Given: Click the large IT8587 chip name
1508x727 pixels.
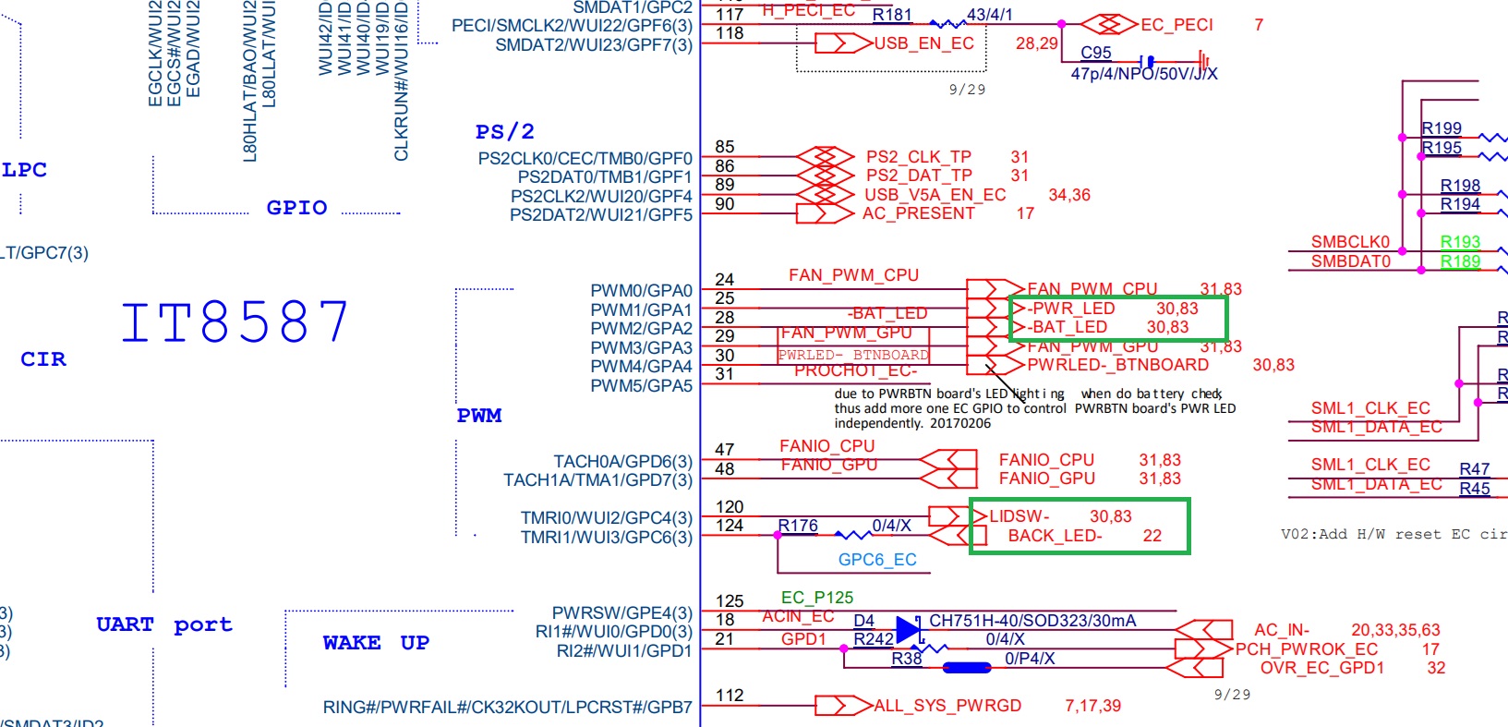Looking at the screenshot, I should pyautogui.click(x=235, y=321).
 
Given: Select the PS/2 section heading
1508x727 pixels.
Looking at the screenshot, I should pyautogui.click(x=504, y=132).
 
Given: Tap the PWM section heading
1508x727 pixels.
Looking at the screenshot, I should pyautogui.click(x=479, y=416).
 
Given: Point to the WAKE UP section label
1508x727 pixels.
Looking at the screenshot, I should pyautogui.click(x=376, y=643).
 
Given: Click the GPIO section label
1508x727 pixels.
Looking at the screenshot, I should pyautogui.click(x=296, y=208).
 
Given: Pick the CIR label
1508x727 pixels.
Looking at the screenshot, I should pyautogui.click(x=43, y=359).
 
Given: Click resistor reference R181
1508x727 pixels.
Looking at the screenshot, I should pyautogui.click(x=891, y=15).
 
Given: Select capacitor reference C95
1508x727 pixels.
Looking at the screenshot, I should pyautogui.click(x=1096, y=53).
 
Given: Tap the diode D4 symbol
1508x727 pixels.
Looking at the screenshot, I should pyautogui.click(x=908, y=630).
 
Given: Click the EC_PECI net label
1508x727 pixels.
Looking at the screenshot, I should pyautogui.click(x=1176, y=25).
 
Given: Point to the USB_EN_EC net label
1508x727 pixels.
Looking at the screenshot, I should pyautogui.click(x=923, y=43).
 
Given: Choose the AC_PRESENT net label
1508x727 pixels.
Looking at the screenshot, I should pyautogui.click(x=918, y=213).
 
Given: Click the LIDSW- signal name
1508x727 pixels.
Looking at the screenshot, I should pyautogui.click(x=1019, y=516).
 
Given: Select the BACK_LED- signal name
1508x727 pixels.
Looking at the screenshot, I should pyautogui.click(x=1055, y=536).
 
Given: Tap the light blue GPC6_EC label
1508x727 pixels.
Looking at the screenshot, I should pyautogui.click(x=877, y=560).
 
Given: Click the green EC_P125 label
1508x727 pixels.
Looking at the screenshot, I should pyautogui.click(x=817, y=598).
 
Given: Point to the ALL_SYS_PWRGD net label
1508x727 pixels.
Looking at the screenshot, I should pyautogui.click(x=947, y=706).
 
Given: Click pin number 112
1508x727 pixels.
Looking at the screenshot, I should pyautogui.click(x=730, y=696).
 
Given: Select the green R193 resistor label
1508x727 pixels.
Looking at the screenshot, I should pyautogui.click(x=1460, y=242).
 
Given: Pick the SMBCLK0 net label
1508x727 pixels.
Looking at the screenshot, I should pyautogui.click(x=1350, y=242).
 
